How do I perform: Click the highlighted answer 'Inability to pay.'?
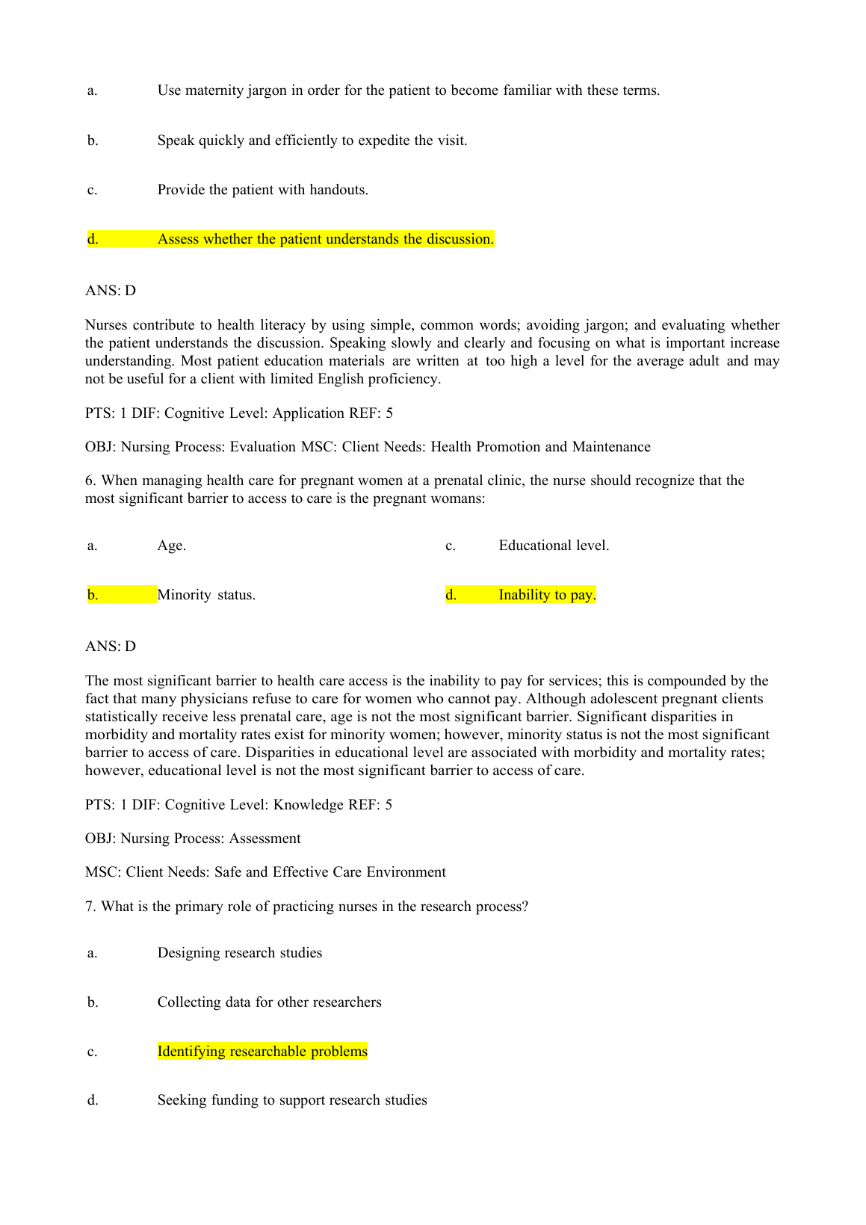[x=547, y=595]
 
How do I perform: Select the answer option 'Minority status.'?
[x=206, y=595]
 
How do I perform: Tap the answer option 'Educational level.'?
[x=554, y=546]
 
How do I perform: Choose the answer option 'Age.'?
[x=172, y=546]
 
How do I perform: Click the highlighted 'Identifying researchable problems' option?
[x=262, y=1052]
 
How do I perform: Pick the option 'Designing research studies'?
[x=240, y=953]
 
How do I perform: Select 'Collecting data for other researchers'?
[x=269, y=1002]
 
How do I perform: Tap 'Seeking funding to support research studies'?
[x=292, y=1100]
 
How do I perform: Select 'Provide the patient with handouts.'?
[x=262, y=190]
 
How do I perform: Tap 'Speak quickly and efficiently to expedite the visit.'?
[x=312, y=141]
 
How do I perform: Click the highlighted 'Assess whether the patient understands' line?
[x=325, y=239]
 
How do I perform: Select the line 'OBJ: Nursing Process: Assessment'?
[x=193, y=839]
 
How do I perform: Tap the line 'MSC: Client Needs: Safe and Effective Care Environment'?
[x=265, y=872]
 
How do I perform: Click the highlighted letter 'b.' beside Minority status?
[x=93, y=595]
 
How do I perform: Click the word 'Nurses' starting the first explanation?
[x=106, y=325]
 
